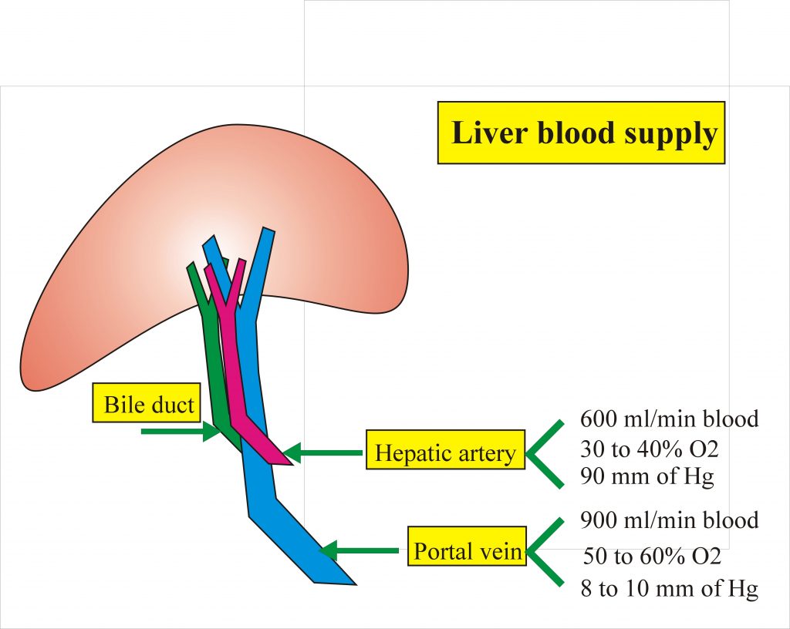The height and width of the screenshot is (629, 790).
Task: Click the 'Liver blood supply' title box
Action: [x=582, y=133]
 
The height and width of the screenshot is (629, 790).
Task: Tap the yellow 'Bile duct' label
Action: [x=149, y=403]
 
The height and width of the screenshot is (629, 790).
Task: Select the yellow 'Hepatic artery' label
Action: [x=444, y=452]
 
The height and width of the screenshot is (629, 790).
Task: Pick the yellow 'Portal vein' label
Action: [x=467, y=550]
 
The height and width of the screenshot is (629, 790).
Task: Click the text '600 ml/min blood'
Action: [x=669, y=419]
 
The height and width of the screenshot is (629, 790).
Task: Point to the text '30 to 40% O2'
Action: [x=650, y=448]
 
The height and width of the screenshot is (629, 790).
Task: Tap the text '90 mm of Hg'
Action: [x=647, y=476]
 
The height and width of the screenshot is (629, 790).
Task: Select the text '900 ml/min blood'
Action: [x=669, y=520]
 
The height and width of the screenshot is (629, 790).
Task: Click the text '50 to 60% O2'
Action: [x=651, y=555]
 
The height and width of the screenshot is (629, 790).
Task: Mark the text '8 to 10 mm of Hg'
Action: [x=669, y=590]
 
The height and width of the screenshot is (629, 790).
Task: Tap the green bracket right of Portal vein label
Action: [x=546, y=551]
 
